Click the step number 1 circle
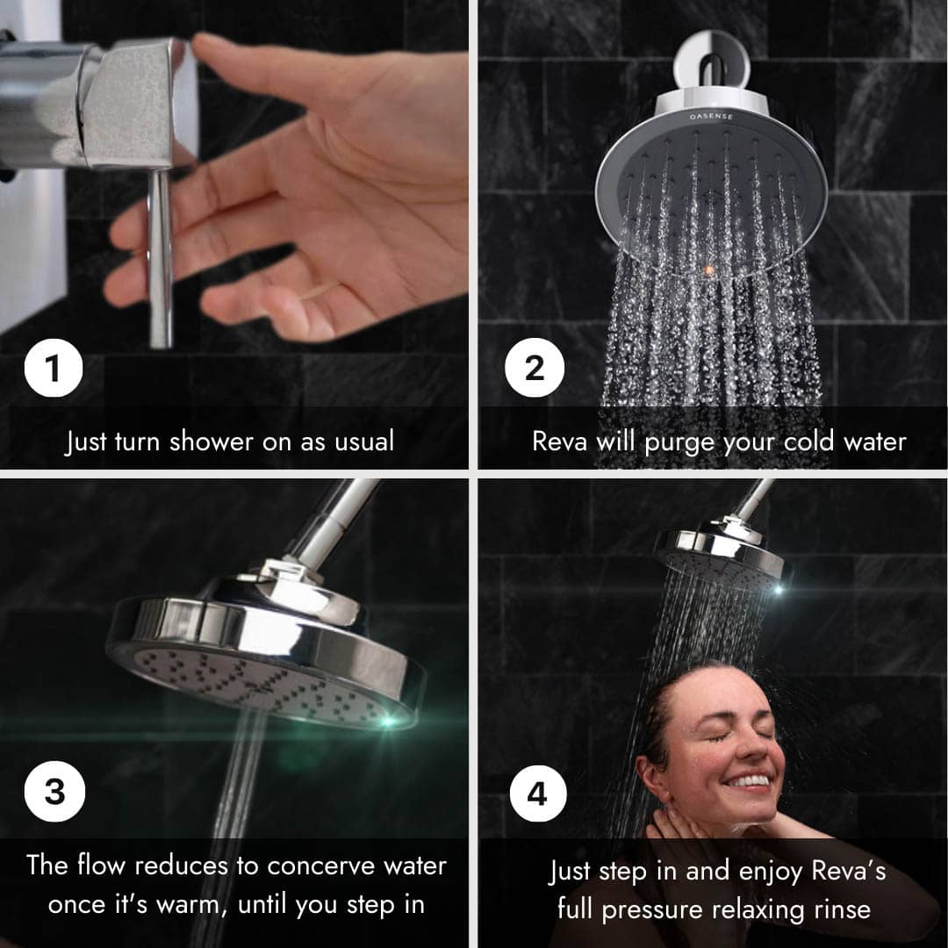54,368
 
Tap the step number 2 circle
535,368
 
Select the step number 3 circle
54,792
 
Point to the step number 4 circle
538,794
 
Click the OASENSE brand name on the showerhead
711,116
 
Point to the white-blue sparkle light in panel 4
779,590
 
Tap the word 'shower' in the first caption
212,441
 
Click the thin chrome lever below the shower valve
161,259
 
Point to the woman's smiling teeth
748,780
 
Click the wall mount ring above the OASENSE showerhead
712,61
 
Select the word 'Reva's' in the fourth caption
849,872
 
